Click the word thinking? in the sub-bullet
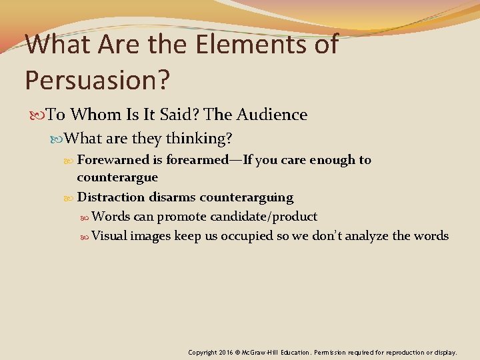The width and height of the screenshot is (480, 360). (x=199, y=138)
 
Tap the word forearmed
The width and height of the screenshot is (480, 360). (x=197, y=160)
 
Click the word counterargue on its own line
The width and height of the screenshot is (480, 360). (x=117, y=177)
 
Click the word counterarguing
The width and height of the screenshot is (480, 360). (x=247, y=197)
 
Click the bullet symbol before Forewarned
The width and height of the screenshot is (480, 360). (x=69, y=160)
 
